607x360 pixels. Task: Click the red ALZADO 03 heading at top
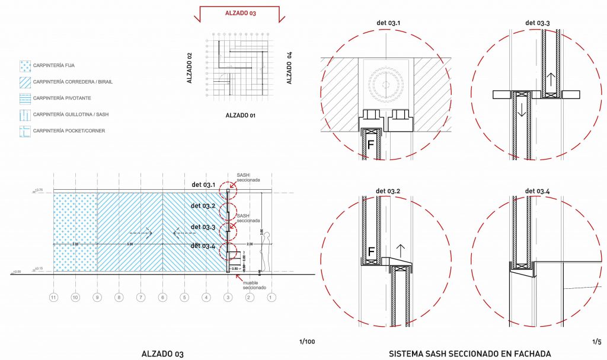click(240, 12)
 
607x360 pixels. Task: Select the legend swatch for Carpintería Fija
click(24, 65)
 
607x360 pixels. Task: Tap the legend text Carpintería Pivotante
click(62, 98)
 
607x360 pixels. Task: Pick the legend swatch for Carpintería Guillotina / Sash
click(24, 114)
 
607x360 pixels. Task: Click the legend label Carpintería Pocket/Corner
click(69, 130)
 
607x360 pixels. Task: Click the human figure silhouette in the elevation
click(267, 251)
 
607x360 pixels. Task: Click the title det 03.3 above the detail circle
click(537, 23)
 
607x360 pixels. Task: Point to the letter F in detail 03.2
click(371, 251)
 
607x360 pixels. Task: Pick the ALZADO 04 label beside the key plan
click(289, 68)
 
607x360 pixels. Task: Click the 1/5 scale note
click(596, 342)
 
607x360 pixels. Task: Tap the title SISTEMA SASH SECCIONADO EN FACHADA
click(470, 354)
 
